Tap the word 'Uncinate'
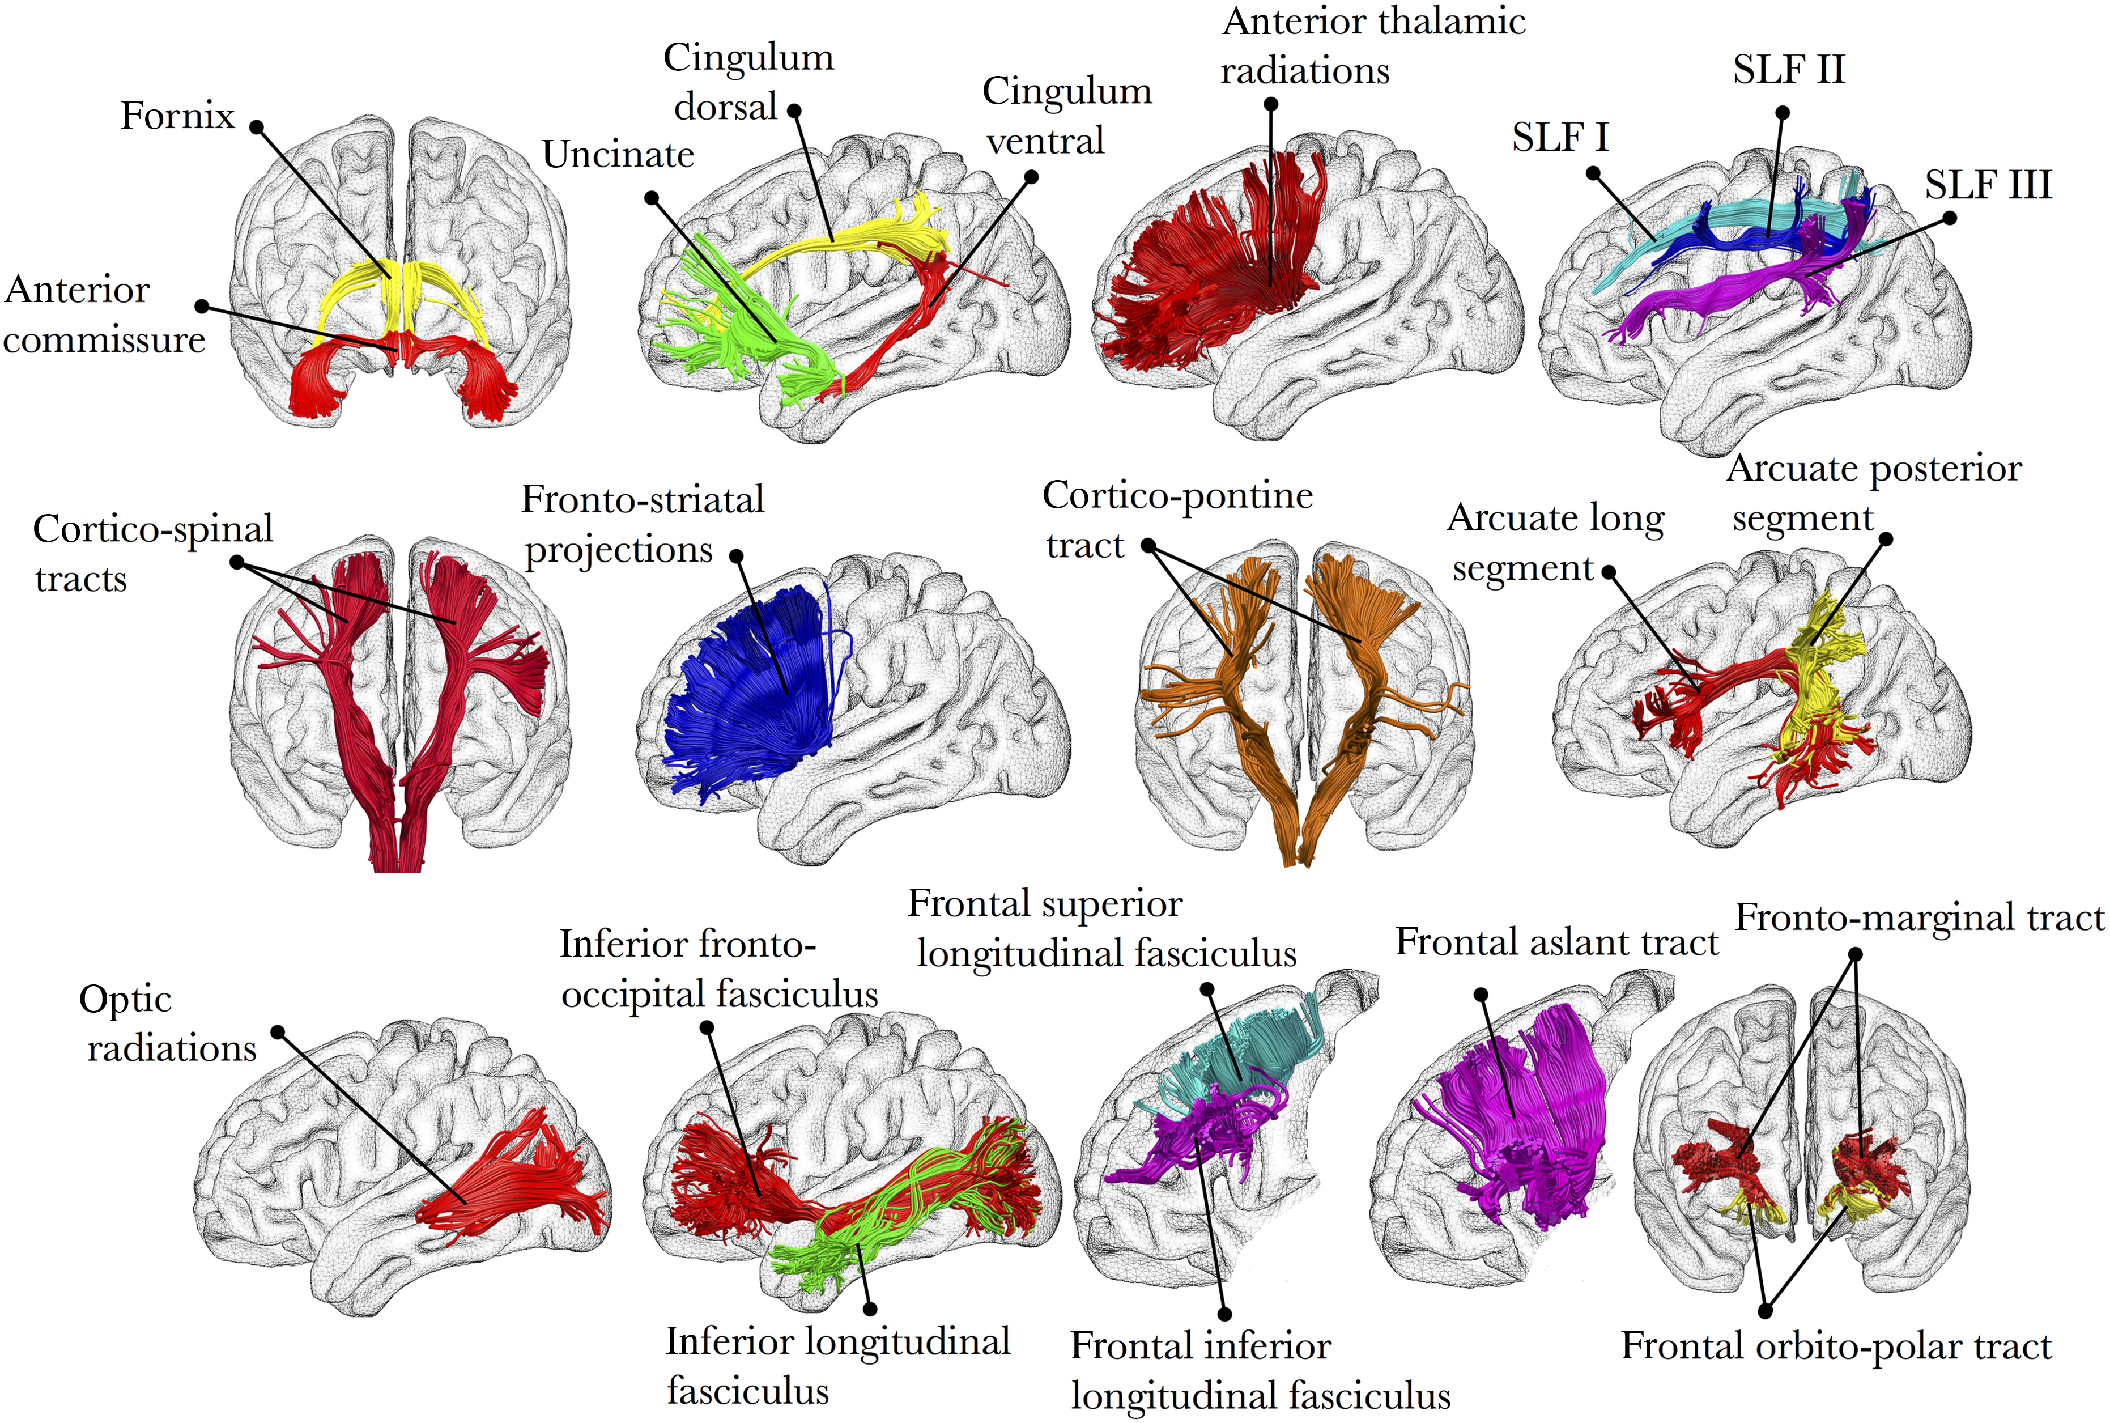point(618,155)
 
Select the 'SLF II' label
point(1788,70)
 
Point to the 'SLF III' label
point(1988,185)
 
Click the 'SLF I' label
point(1560,138)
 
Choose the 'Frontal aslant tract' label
point(1556,942)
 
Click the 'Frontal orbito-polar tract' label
point(1836,1346)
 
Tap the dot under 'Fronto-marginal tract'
point(1855,955)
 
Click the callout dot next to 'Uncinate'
point(652,197)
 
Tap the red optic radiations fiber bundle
point(517,1180)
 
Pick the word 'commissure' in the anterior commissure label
point(104,341)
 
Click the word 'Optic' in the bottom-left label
point(125,999)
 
